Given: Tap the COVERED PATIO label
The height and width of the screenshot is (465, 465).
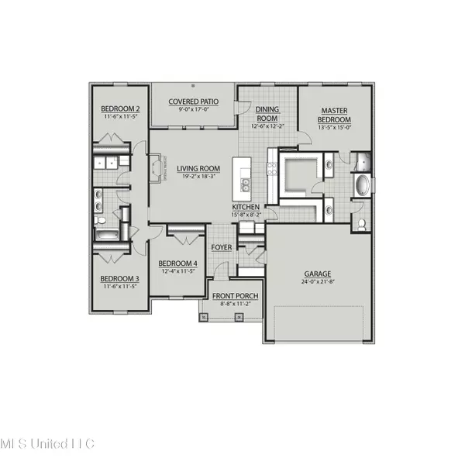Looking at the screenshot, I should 194,102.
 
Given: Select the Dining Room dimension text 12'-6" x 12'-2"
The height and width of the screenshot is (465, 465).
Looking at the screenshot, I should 269,126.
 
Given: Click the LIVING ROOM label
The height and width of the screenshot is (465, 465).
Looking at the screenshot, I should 198,168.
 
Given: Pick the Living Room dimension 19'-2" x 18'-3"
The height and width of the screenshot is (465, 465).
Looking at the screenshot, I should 198,177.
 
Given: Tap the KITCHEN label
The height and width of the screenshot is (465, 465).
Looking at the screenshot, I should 246,208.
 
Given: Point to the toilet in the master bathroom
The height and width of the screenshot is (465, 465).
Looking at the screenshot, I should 363,225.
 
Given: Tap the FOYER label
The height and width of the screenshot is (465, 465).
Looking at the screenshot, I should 222,247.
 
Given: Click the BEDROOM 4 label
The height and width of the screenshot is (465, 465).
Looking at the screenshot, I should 177,263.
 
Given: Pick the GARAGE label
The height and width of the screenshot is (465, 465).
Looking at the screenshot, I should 318,274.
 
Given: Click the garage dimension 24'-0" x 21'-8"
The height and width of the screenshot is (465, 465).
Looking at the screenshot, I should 318,283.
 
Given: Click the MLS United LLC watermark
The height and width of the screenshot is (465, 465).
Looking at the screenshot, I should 46,444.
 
